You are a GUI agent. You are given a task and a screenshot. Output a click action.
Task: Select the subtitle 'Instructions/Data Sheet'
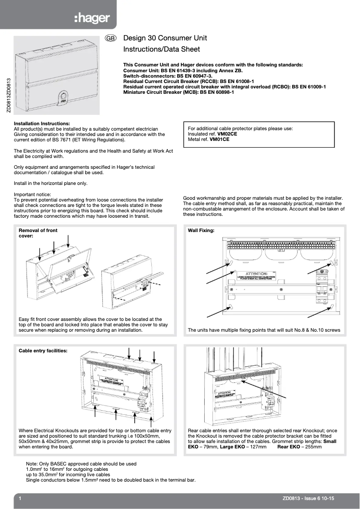click(161, 49)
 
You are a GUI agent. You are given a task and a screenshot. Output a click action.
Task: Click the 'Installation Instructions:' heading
click(42, 123)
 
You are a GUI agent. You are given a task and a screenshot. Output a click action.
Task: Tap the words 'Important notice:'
click(33, 194)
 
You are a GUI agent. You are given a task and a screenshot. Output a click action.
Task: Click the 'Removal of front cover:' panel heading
click(38, 233)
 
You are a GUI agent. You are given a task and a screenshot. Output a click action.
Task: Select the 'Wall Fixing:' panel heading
click(201, 230)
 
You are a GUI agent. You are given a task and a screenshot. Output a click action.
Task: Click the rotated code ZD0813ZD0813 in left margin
click(9, 99)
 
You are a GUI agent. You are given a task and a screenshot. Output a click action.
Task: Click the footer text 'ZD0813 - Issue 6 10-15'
click(309, 498)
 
